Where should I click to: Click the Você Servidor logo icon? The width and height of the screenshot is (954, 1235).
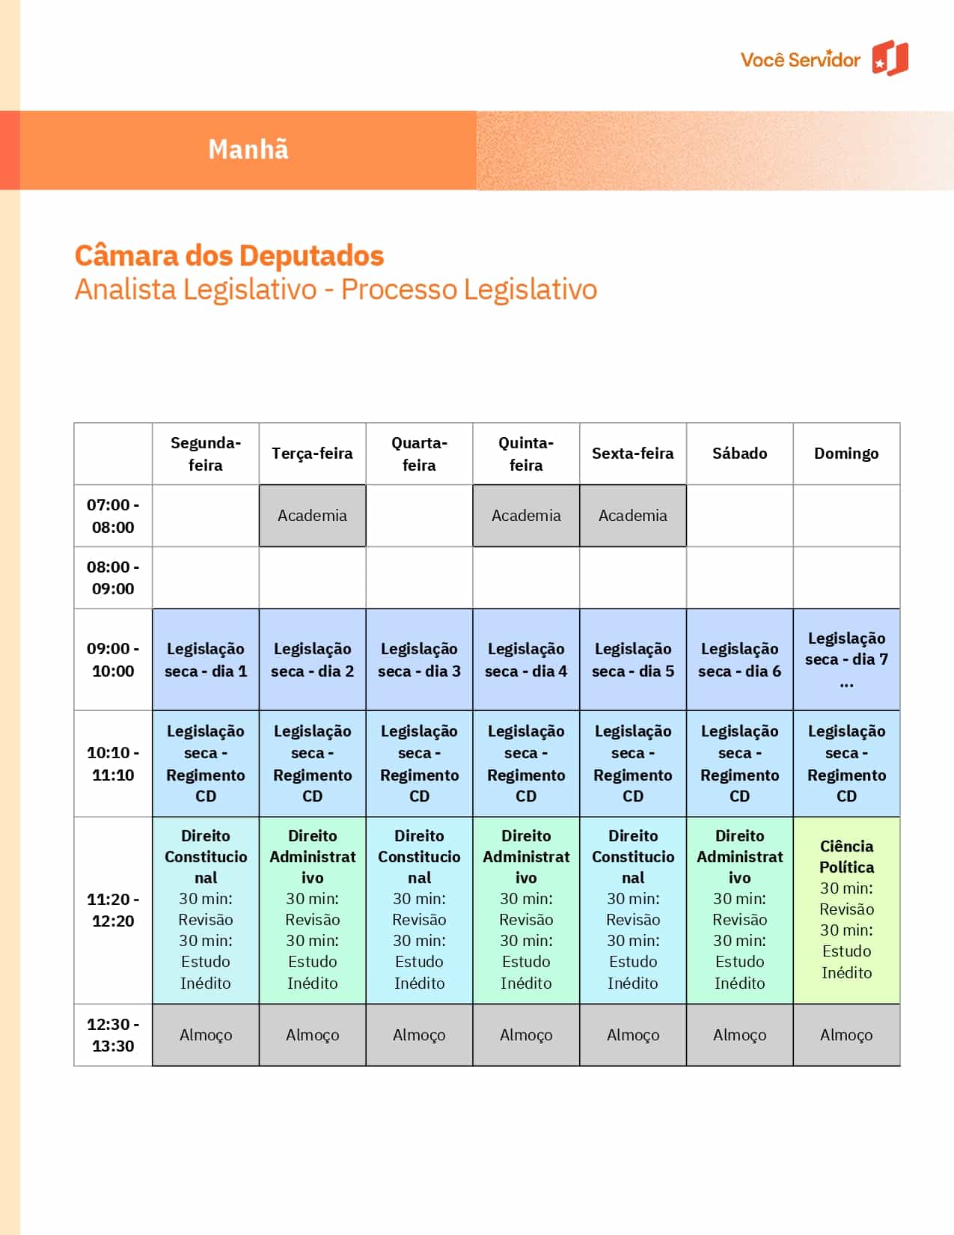(x=890, y=58)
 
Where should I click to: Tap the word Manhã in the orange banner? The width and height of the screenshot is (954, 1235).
(x=248, y=150)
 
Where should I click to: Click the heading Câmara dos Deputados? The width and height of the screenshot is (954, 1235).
(x=229, y=256)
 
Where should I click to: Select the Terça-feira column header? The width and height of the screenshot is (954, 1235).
(x=312, y=454)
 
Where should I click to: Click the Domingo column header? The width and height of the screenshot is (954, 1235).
(x=846, y=454)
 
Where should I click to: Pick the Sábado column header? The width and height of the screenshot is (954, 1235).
(x=739, y=454)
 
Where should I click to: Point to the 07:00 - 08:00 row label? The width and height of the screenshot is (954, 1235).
(x=113, y=516)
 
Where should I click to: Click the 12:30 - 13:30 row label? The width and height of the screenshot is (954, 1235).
(x=113, y=1035)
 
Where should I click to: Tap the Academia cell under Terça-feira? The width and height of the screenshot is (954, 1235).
(x=312, y=516)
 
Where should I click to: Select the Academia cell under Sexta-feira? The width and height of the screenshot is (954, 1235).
(x=633, y=516)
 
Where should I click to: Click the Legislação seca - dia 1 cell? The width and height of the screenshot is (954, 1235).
(x=206, y=659)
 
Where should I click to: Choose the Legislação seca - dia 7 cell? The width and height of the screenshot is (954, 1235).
(x=846, y=659)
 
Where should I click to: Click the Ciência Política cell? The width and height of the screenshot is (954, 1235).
(x=846, y=909)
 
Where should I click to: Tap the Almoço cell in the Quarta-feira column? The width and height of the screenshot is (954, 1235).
(x=419, y=1035)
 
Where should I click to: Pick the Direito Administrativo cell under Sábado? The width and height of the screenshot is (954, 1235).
(x=739, y=909)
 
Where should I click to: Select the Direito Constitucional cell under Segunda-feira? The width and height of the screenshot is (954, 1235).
(x=206, y=909)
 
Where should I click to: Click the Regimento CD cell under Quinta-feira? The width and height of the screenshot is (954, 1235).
(x=526, y=763)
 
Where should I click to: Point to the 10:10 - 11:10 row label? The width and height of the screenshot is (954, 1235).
(x=113, y=763)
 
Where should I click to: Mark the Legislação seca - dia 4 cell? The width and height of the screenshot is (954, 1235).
(x=526, y=659)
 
